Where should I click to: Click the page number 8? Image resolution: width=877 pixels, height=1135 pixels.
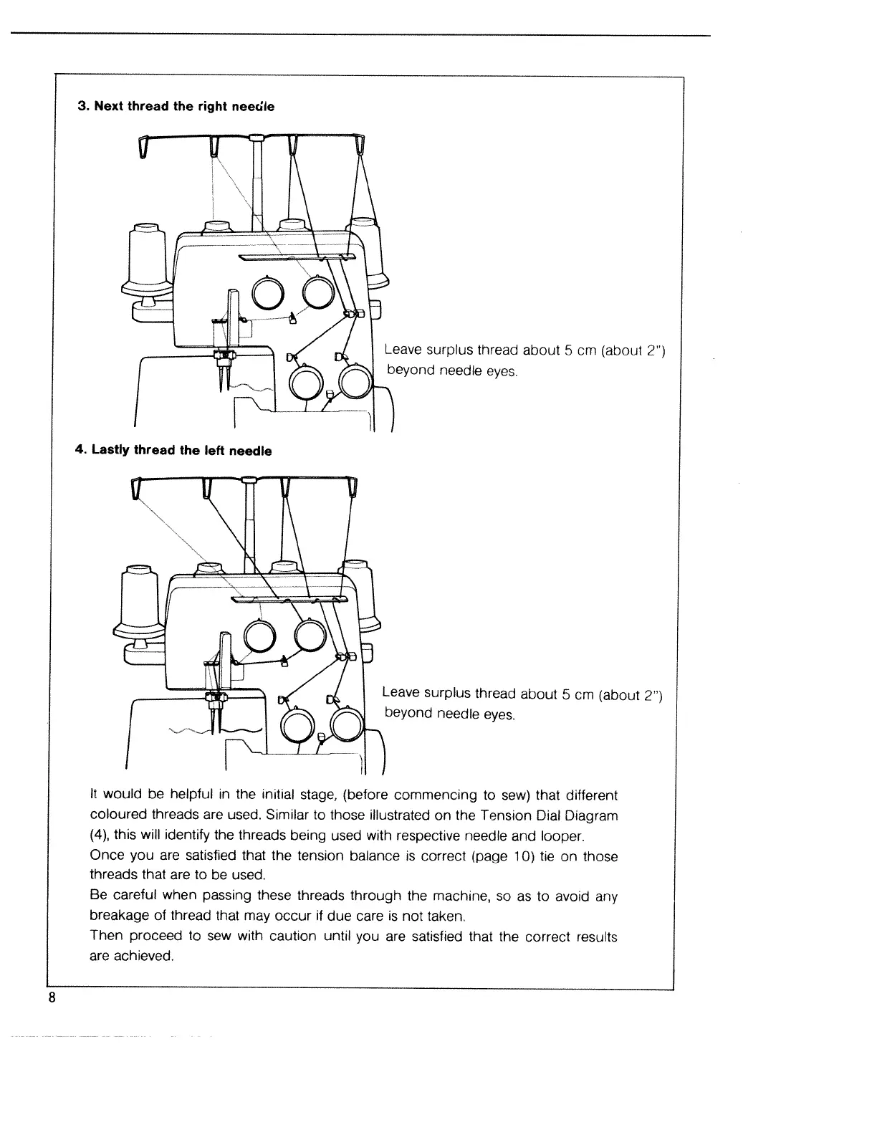tap(52, 998)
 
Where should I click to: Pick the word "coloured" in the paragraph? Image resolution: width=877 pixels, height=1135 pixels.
tap(119, 815)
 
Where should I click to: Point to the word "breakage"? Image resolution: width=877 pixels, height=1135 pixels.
tap(118, 916)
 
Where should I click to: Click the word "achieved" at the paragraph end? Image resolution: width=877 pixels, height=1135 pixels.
tap(145, 957)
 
